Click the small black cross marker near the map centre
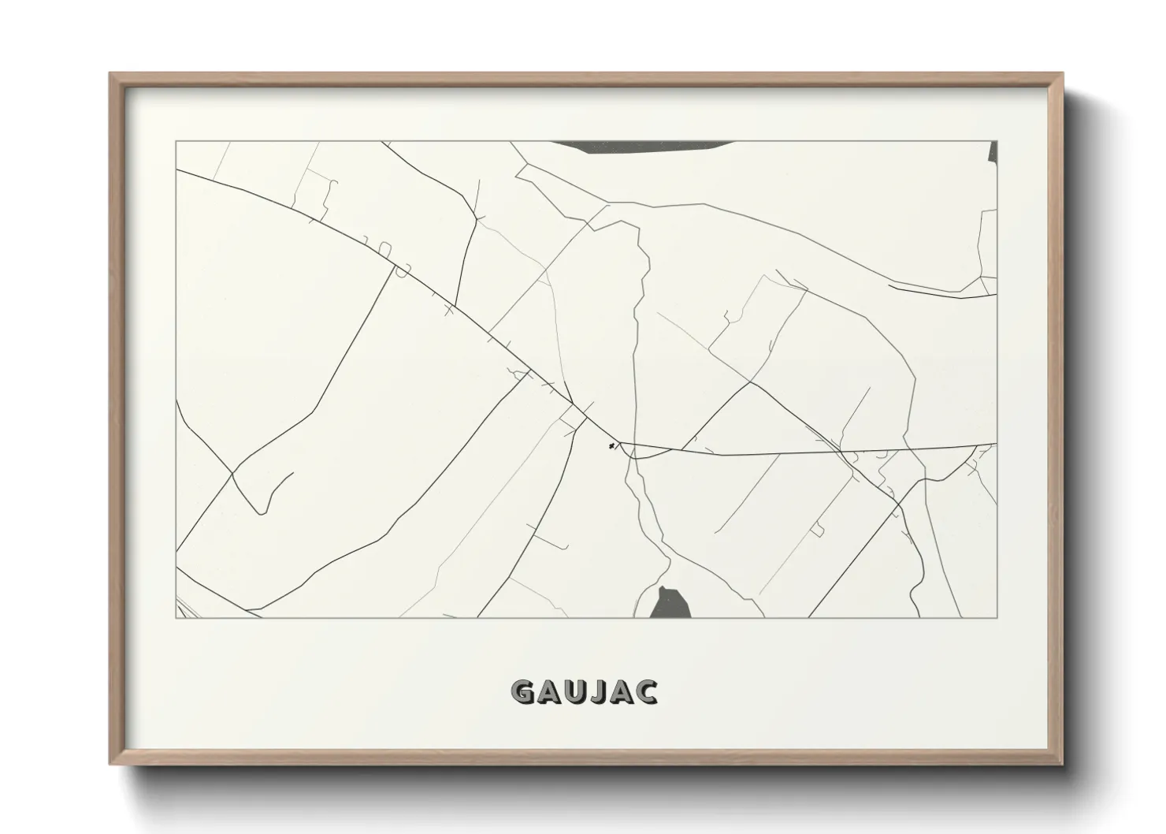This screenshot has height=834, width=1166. (611, 447)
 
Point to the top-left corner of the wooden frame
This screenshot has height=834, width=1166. (110, 73)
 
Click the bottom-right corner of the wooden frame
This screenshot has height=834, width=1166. (1063, 765)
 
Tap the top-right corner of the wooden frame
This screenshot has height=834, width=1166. (1063, 73)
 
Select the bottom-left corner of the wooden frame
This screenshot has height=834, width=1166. (110, 765)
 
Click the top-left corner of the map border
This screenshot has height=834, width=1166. (176, 141)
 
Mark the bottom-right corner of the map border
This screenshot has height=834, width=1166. (997, 618)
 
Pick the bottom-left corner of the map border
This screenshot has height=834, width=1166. (176, 618)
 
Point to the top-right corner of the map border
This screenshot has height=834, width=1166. (997, 141)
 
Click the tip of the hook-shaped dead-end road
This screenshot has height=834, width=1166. (293, 473)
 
